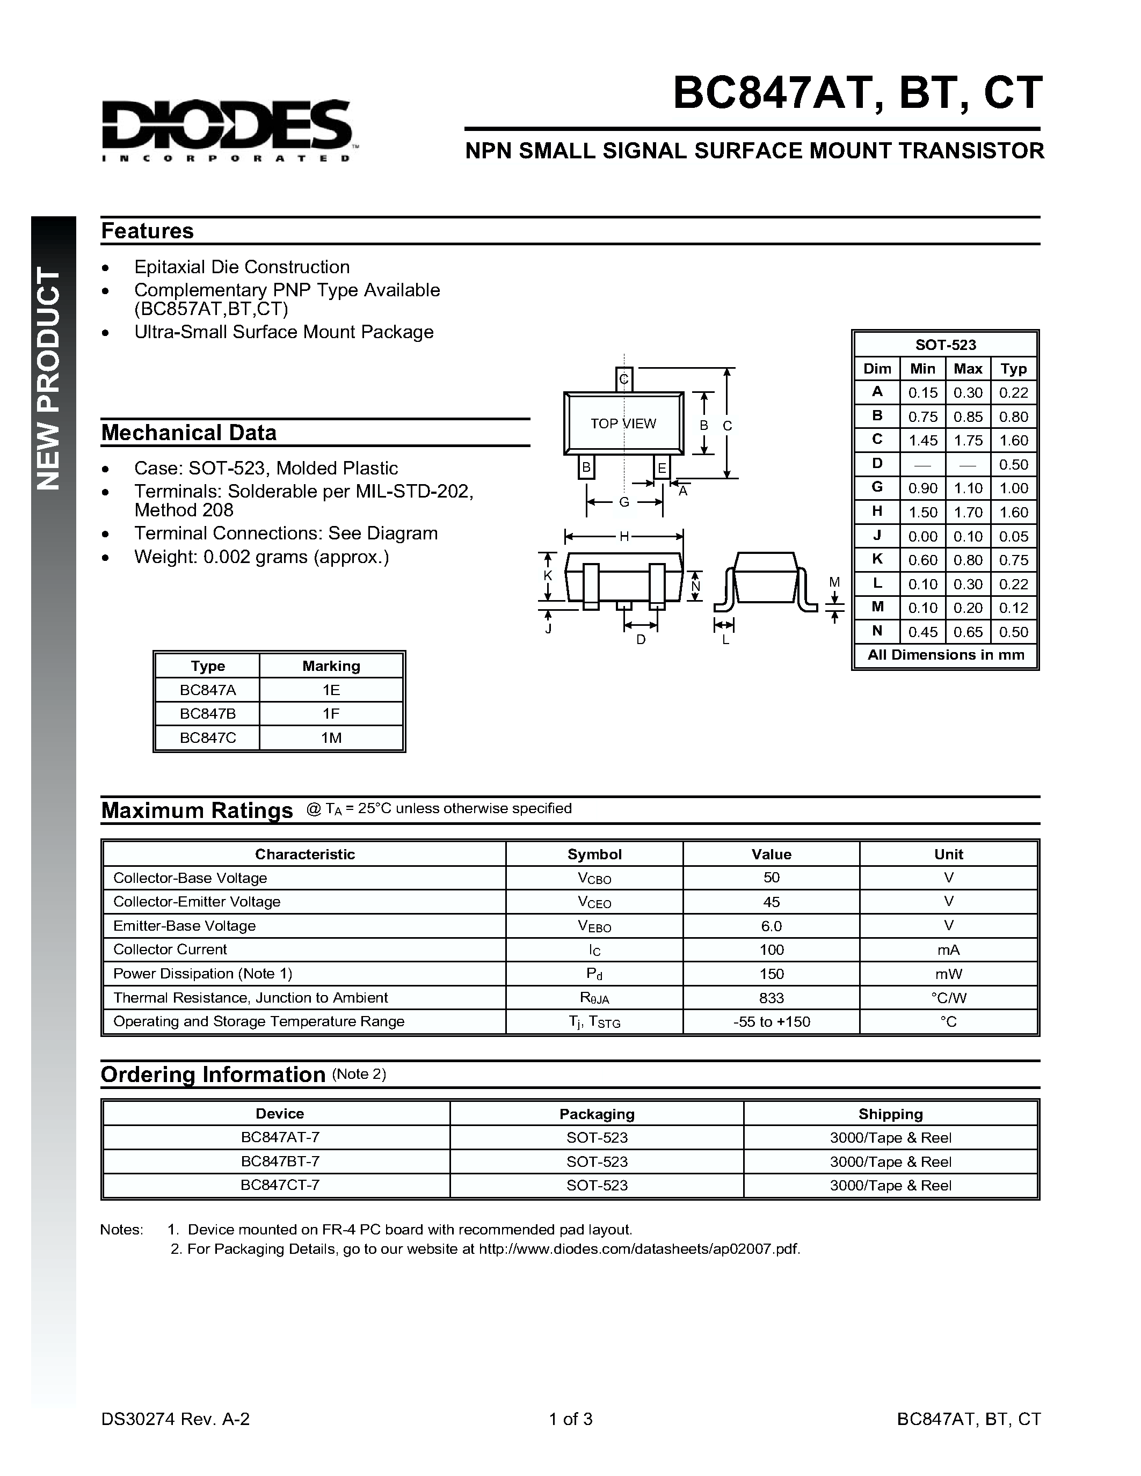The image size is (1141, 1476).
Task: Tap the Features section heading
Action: pyautogui.click(x=147, y=231)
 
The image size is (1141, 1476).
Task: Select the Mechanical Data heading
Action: pyautogui.click(x=188, y=433)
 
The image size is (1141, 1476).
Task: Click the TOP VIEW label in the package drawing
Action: pyautogui.click(x=622, y=423)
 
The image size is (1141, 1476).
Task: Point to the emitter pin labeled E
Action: pyautogui.click(x=662, y=467)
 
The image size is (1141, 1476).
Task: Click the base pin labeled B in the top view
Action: pyautogui.click(x=586, y=467)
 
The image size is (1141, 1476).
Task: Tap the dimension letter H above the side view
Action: pyautogui.click(x=624, y=537)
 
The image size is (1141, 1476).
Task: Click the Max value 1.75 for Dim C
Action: pyautogui.click(x=968, y=441)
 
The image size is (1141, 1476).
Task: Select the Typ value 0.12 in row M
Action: pyautogui.click(x=1013, y=608)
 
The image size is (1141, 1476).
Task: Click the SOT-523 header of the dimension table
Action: pyautogui.click(x=945, y=345)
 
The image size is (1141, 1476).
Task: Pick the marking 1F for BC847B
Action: pyautogui.click(x=331, y=714)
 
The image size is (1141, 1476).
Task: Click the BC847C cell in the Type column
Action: pyautogui.click(x=207, y=738)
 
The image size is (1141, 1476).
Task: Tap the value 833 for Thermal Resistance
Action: pyautogui.click(x=771, y=998)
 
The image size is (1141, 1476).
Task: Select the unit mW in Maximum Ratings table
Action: pyautogui.click(x=948, y=974)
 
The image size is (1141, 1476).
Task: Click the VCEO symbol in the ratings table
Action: pyautogui.click(x=594, y=902)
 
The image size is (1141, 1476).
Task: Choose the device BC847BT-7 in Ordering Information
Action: pyautogui.click(x=280, y=1161)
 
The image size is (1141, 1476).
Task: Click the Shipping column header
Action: pyautogui.click(x=890, y=1114)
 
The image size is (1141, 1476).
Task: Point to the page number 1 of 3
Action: pyautogui.click(x=570, y=1419)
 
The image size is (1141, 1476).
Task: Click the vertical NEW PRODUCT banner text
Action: pyautogui.click(x=49, y=378)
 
